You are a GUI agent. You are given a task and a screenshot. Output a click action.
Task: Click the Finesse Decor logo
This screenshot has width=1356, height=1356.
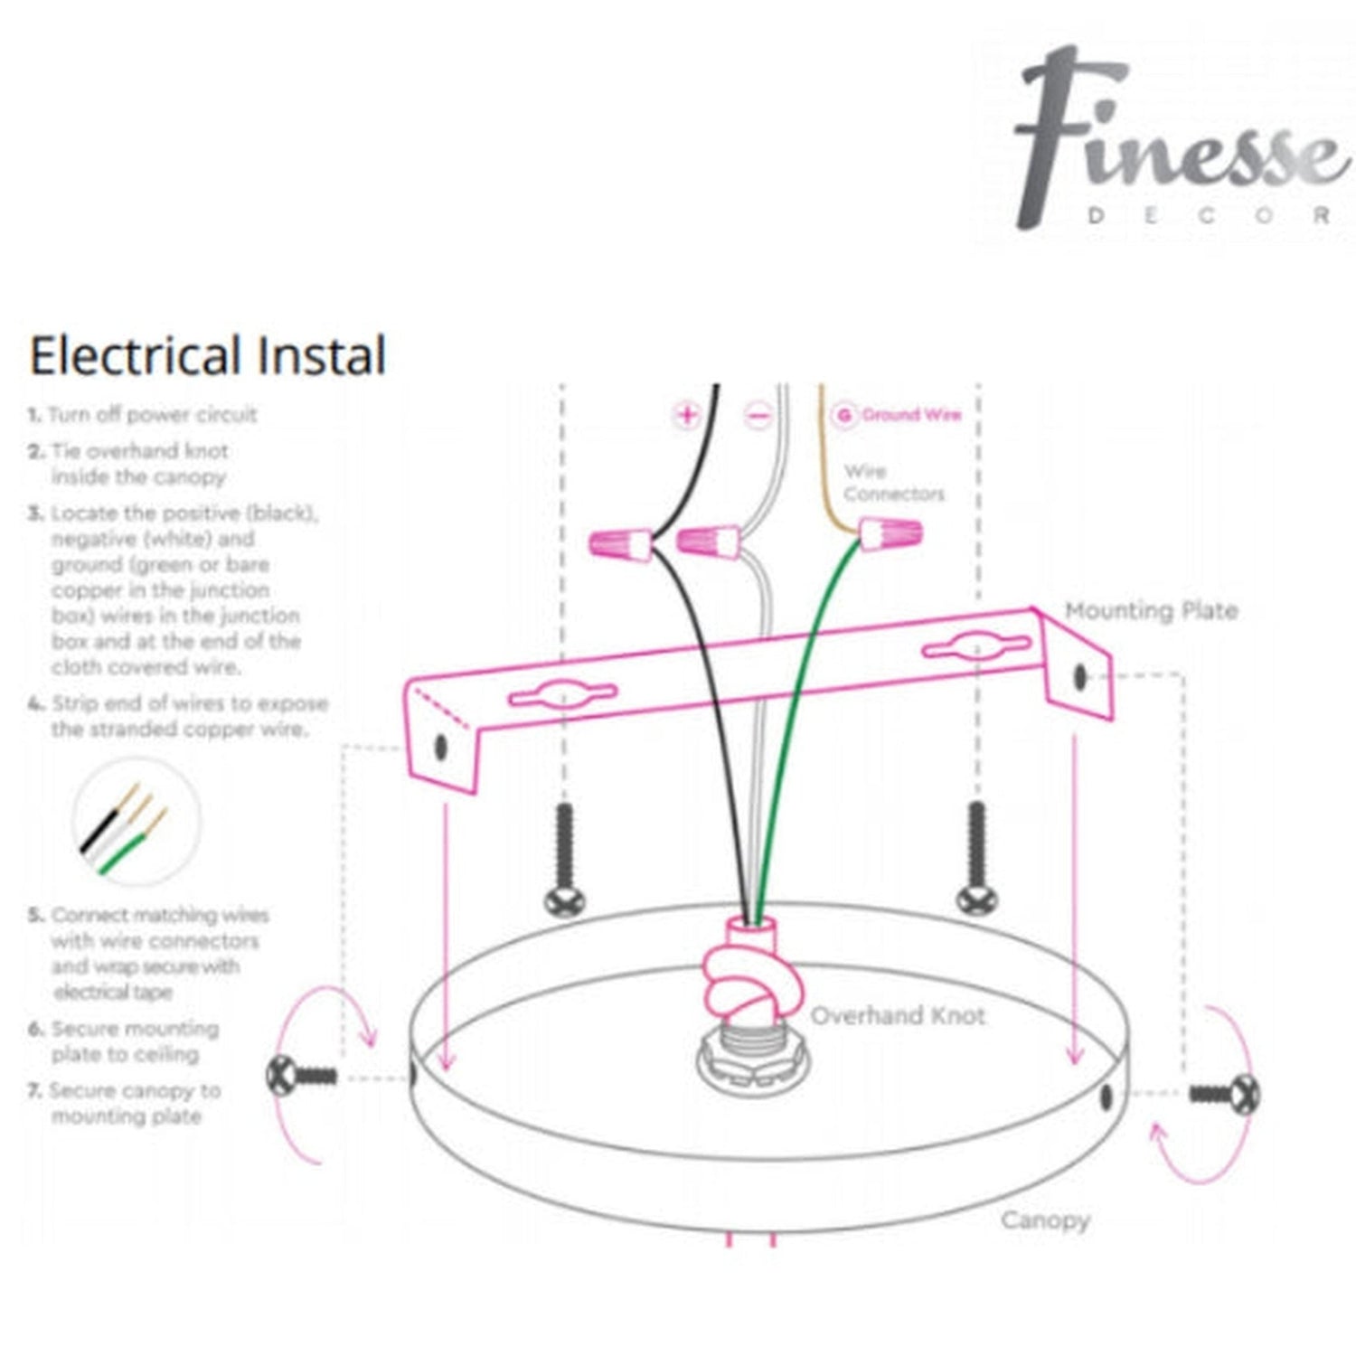pyautogui.click(x=1175, y=140)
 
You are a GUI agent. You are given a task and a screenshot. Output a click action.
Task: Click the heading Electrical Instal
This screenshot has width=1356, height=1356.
pyautogui.click(x=208, y=355)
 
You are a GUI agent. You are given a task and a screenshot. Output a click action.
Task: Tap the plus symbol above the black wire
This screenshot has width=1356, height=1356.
pyautogui.click(x=687, y=415)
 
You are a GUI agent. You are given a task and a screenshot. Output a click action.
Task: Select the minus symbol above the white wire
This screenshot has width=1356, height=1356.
pyautogui.click(x=758, y=416)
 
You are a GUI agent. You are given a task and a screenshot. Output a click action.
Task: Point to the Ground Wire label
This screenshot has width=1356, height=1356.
pyautogui.click(x=910, y=415)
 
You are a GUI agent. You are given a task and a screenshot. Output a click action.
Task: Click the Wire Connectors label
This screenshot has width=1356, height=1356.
pyautogui.click(x=892, y=483)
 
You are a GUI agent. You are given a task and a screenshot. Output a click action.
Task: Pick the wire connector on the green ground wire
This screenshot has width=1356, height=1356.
pyautogui.click(x=890, y=533)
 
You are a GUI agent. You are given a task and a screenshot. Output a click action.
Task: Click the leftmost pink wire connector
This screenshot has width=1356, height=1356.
pyautogui.click(x=620, y=543)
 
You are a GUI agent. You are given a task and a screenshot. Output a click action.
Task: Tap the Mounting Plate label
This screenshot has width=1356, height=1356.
pyautogui.click(x=1150, y=611)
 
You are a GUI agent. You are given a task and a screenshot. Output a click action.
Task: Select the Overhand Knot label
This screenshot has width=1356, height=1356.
pyautogui.click(x=898, y=1015)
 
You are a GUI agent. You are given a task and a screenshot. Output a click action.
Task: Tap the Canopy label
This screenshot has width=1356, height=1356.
pyautogui.click(x=1044, y=1220)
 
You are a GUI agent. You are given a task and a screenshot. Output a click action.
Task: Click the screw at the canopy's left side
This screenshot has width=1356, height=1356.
pyautogui.click(x=301, y=1076)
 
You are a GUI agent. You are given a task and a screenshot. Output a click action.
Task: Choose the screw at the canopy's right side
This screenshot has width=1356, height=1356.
pyautogui.click(x=1226, y=1094)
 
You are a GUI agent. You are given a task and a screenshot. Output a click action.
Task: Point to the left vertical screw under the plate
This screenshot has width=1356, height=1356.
pyautogui.click(x=565, y=859)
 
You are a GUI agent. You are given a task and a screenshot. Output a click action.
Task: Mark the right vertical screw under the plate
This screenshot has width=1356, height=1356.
pyautogui.click(x=976, y=857)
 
